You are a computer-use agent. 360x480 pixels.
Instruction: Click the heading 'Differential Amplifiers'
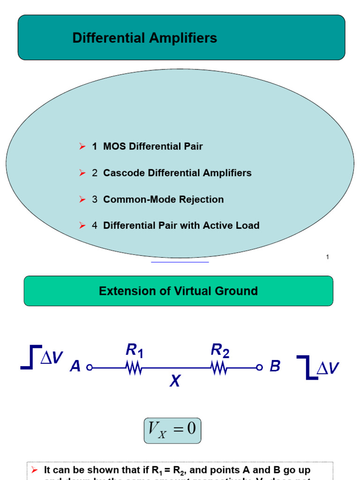pos(144,38)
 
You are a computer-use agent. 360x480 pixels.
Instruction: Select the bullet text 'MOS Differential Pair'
pos(153,146)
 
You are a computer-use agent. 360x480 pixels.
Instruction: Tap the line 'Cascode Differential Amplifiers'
pos(177,173)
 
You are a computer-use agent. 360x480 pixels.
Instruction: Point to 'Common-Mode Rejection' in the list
pos(163,199)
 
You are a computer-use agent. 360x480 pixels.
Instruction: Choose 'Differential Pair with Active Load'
pos(181,225)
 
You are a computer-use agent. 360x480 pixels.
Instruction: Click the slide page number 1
pos(327,257)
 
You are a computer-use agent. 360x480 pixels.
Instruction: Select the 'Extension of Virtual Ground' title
pos(178,291)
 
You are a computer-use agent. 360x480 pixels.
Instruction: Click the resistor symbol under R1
pos(134,368)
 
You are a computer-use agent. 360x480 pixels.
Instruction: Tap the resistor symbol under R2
pos(219,368)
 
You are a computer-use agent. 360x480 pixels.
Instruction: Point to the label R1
pos(134,350)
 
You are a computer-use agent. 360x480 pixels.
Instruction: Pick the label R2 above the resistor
pos(220,350)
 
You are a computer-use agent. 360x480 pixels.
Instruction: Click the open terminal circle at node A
pos(90,368)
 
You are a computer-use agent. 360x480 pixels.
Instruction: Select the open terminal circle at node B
pos(259,368)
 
